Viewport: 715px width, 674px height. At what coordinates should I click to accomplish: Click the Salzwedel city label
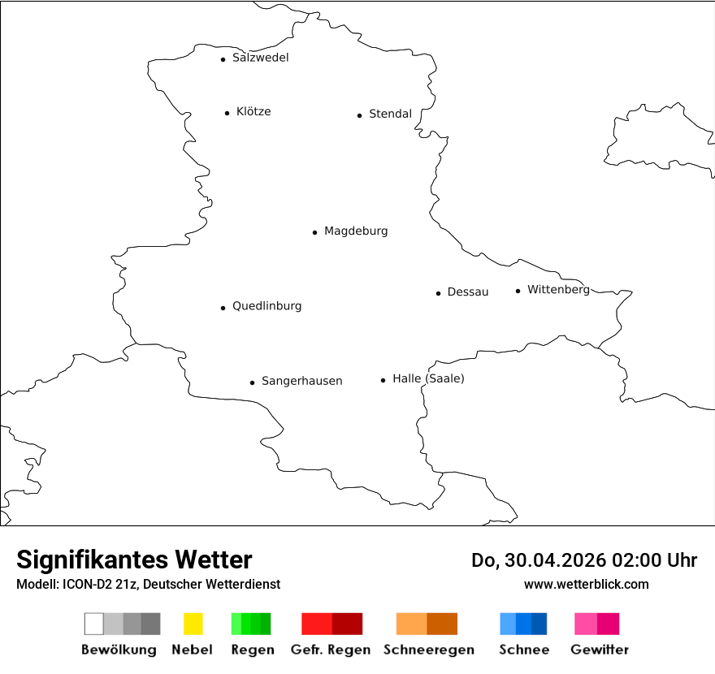[260, 58]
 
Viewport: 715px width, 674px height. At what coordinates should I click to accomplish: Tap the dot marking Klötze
[227, 113]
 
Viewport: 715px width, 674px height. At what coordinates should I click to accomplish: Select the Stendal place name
[390, 114]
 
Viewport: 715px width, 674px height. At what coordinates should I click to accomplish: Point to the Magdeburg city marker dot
[314, 232]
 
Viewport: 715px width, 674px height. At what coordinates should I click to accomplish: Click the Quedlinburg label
[266, 306]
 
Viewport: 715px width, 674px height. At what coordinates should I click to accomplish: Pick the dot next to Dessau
[438, 293]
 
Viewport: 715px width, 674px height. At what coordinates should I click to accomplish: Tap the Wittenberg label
[558, 289]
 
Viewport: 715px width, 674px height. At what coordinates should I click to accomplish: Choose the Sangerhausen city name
[301, 381]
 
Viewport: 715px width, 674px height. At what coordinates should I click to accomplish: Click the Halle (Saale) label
[428, 378]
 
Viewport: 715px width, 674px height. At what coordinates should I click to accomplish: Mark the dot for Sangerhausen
[252, 382]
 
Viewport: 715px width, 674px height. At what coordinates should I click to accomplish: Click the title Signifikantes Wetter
[134, 560]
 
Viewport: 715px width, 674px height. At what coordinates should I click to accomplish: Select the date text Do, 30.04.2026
[539, 560]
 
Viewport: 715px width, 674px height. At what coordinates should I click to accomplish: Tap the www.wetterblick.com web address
[586, 584]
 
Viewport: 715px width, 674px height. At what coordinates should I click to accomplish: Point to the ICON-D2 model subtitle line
[148, 585]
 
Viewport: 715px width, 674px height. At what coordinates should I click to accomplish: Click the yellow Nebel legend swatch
[193, 624]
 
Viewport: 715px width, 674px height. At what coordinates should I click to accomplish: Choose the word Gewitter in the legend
[599, 650]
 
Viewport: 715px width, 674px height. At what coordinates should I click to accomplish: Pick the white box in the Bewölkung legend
[93, 624]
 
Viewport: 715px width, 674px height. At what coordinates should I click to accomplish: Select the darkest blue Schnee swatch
[539, 624]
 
